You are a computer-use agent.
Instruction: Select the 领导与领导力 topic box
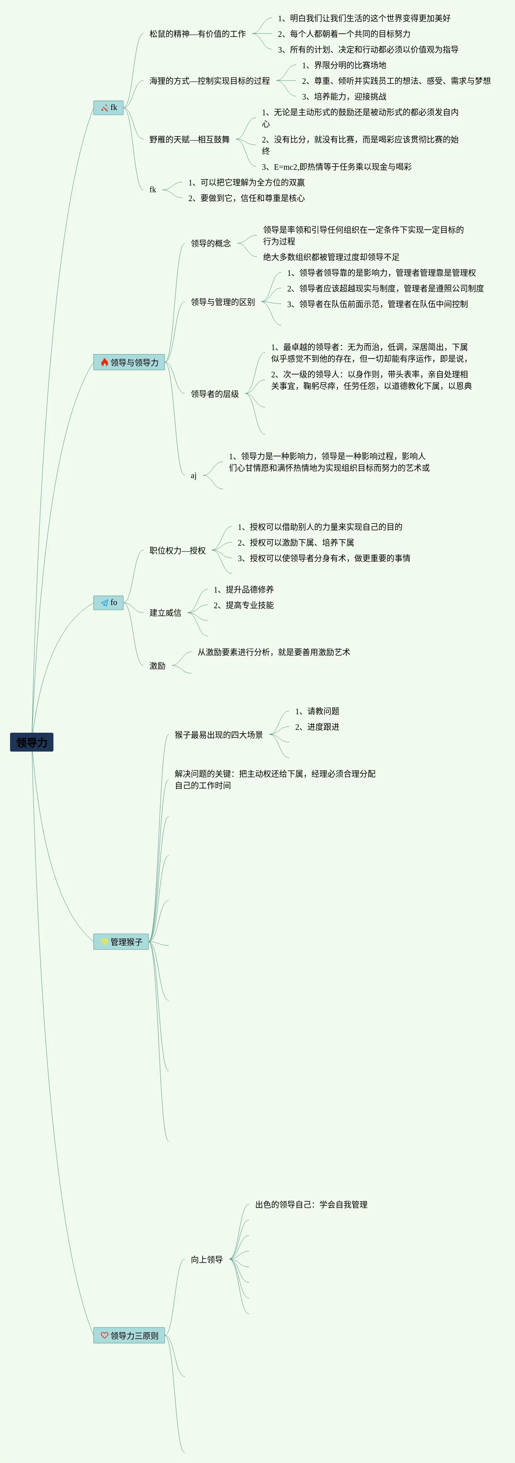pos(129,363)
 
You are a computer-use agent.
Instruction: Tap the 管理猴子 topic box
pos(121,941)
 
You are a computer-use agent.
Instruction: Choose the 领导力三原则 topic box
pos(129,1335)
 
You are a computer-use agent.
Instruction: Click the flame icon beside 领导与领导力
pos(104,363)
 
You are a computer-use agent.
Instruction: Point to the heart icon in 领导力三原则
pos(104,1335)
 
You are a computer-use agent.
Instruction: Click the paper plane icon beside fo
pos(104,603)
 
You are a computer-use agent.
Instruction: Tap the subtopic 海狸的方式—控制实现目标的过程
pos(209,81)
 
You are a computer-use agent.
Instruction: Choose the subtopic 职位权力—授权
pos(177,551)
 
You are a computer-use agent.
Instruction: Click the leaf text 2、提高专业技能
pos(243,605)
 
